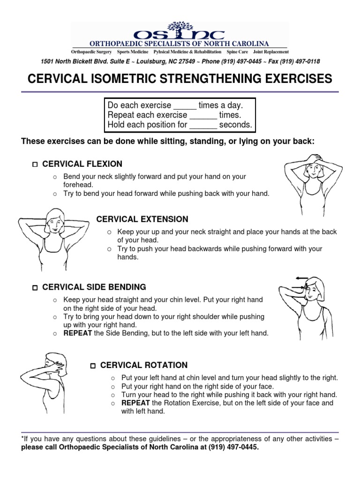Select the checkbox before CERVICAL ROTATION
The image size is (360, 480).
pyautogui.click(x=93, y=366)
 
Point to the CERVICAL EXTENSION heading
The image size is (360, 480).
pyautogui.click(x=142, y=219)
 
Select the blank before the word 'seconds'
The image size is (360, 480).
pyautogui.click(x=203, y=126)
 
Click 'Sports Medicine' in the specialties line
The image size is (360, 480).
pyautogui.click(x=133, y=52)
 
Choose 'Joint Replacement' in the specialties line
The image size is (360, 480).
pyautogui.click(x=271, y=52)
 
